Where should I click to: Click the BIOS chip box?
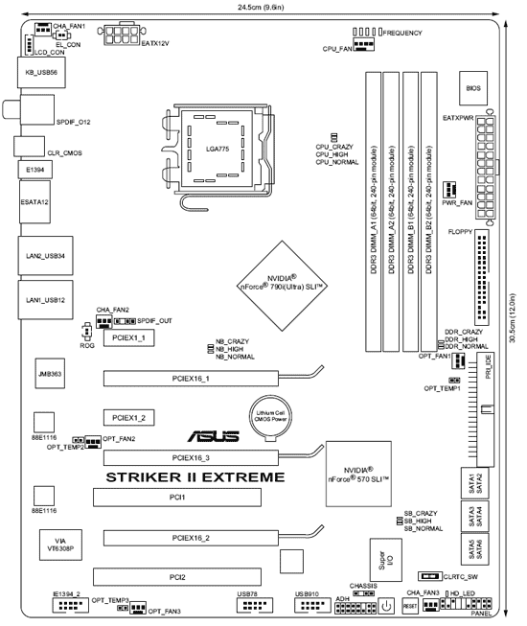coord(473,88)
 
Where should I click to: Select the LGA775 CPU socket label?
coord(218,149)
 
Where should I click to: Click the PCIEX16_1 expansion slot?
coord(191,379)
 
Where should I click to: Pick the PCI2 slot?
coord(177,577)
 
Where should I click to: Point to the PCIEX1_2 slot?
coord(128,418)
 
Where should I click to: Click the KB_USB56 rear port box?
coord(41,73)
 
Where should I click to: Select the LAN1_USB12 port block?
coord(45,300)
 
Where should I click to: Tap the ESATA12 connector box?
coord(34,202)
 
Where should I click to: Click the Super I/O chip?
coord(385,560)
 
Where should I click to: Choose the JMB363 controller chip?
coord(50,374)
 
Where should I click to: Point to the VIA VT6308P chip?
coord(60,545)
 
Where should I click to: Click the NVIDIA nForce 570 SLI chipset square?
coord(358,474)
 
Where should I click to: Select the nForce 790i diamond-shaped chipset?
coord(283,286)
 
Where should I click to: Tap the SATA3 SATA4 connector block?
coord(475,516)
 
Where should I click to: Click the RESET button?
coord(410,606)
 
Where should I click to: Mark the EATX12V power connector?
coord(122,35)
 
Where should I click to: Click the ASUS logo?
coord(214,436)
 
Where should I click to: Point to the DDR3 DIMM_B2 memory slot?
coord(428,212)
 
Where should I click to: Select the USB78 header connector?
coord(255,605)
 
